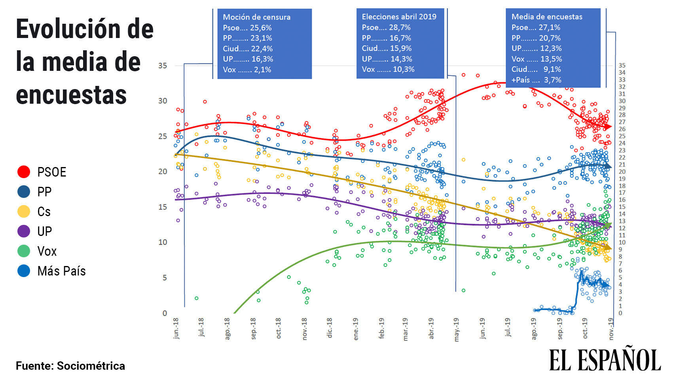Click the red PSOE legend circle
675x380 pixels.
tap(24, 172)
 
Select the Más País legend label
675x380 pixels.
tap(61, 271)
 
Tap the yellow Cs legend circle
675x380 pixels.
tap(24, 211)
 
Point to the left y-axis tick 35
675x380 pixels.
tap(162, 66)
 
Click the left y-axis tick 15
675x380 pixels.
tap(162, 207)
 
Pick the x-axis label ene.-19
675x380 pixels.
tap(355, 329)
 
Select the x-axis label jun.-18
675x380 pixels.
tap(176, 329)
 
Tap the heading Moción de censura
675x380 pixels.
tap(256, 17)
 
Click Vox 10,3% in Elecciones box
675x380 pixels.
tap(388, 69)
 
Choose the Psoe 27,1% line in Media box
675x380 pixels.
tap(536, 27)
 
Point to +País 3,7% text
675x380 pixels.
tap(536, 80)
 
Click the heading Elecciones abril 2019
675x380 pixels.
tap(399, 17)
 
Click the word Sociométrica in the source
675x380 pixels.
tap(91, 366)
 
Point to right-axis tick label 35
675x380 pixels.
tap(622, 65)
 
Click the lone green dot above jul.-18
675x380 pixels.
tap(196, 298)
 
